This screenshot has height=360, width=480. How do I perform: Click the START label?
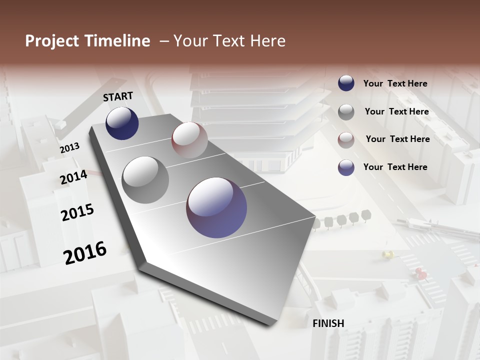coord(118,96)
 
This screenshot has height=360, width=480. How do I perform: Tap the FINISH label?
coord(328,323)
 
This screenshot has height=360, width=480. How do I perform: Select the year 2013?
coord(69,147)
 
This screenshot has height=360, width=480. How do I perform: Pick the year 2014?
coord(73,177)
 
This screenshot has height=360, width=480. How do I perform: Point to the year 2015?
coord(77,212)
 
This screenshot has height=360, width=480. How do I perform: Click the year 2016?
coord(85,252)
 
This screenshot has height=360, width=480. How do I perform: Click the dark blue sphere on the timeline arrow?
coord(122,123)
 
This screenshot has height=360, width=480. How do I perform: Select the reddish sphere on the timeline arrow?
coord(189,140)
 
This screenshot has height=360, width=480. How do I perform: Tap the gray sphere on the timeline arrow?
coord(145,180)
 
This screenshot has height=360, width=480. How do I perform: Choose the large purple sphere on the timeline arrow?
coord(216,207)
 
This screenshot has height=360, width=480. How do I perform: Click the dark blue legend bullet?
coord(346,83)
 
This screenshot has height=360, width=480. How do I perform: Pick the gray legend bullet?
coord(346,112)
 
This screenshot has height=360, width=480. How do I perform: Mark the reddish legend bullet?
coord(346,140)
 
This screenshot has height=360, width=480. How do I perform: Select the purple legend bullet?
coord(346,167)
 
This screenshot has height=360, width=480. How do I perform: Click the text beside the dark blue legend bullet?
coord(395,83)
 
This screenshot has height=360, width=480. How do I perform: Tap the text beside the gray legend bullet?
coord(396,111)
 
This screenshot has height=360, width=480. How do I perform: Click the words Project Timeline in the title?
coord(87,41)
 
